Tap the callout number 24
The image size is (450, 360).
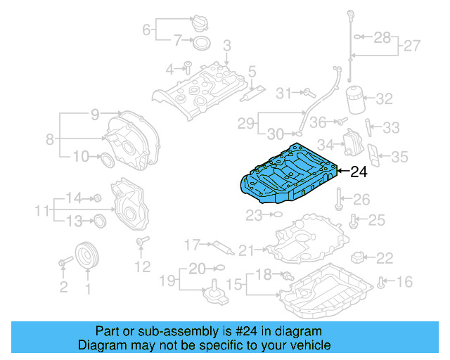359,172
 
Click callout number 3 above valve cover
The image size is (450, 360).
226,46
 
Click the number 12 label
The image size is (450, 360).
143,266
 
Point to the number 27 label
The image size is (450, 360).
411,46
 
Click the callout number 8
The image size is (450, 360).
50,139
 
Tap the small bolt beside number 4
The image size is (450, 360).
188,67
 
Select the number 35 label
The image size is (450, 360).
399,156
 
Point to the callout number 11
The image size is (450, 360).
41,210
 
